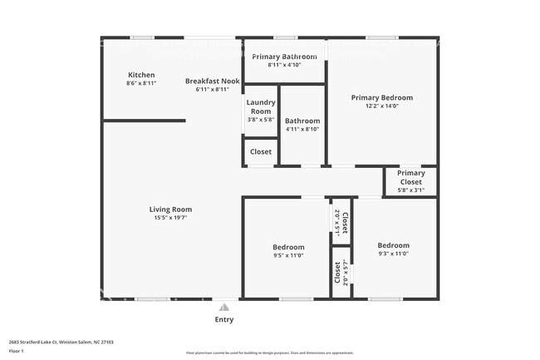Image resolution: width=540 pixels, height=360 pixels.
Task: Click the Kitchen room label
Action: [140, 75]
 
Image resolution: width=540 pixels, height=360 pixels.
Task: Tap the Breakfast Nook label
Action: [212, 81]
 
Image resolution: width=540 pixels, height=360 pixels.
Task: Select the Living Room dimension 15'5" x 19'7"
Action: [170, 218]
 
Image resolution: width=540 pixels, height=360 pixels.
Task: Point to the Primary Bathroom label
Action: [283, 56]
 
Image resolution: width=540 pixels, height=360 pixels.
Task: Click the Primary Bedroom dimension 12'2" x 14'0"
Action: [381, 106]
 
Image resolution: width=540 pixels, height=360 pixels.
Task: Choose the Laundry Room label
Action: [261, 106]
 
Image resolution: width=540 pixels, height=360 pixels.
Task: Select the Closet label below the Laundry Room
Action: [261, 152]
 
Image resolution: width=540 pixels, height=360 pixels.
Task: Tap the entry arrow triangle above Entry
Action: [223, 307]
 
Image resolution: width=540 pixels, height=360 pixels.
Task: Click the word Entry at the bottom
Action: [224, 319]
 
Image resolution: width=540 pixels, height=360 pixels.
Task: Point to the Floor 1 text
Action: [16, 351]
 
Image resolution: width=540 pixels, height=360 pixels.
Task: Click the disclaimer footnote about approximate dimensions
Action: [269, 353]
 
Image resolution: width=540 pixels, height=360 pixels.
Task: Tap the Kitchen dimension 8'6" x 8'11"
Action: [140, 83]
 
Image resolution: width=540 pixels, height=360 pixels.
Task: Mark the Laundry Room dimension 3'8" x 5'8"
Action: [261, 120]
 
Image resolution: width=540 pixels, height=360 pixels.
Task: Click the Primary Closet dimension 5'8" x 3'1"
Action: [410, 190]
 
